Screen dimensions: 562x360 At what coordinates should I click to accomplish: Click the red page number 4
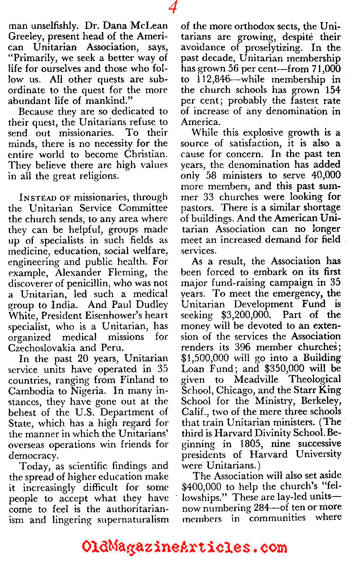tap(173, 8)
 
